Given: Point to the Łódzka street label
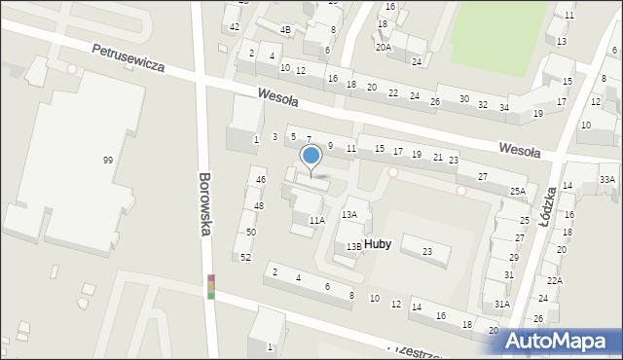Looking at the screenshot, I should [x=547, y=205].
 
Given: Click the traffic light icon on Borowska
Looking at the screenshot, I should [x=210, y=287].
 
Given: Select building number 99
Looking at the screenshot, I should [x=108, y=160].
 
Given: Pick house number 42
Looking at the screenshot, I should [x=235, y=26].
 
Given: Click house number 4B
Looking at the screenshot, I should [x=285, y=30].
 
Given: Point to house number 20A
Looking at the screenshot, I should [x=384, y=47].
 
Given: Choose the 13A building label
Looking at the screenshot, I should [x=349, y=215].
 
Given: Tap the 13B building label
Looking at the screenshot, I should [x=354, y=247].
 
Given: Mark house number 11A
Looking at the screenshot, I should [x=317, y=221].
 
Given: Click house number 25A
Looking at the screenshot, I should [x=518, y=192].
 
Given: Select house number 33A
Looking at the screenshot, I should [x=607, y=179].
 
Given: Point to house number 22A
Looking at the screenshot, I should [x=554, y=280].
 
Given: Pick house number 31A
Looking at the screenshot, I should [x=501, y=304].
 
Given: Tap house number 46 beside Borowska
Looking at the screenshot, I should [x=260, y=180].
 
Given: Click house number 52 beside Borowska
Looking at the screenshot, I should [x=245, y=257].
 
